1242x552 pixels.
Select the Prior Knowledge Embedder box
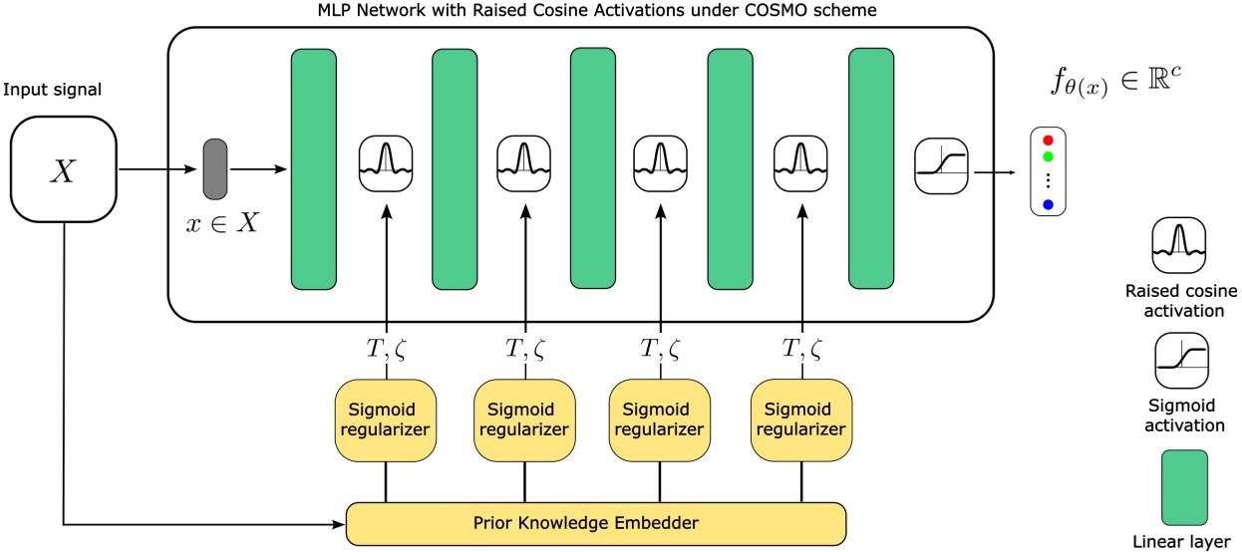[595, 521]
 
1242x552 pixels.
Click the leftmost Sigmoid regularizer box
[384, 419]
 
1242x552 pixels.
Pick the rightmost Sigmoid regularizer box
[801, 419]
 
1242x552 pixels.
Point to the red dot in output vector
[1048, 140]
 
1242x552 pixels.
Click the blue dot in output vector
[1048, 204]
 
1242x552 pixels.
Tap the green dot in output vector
[1048, 156]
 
